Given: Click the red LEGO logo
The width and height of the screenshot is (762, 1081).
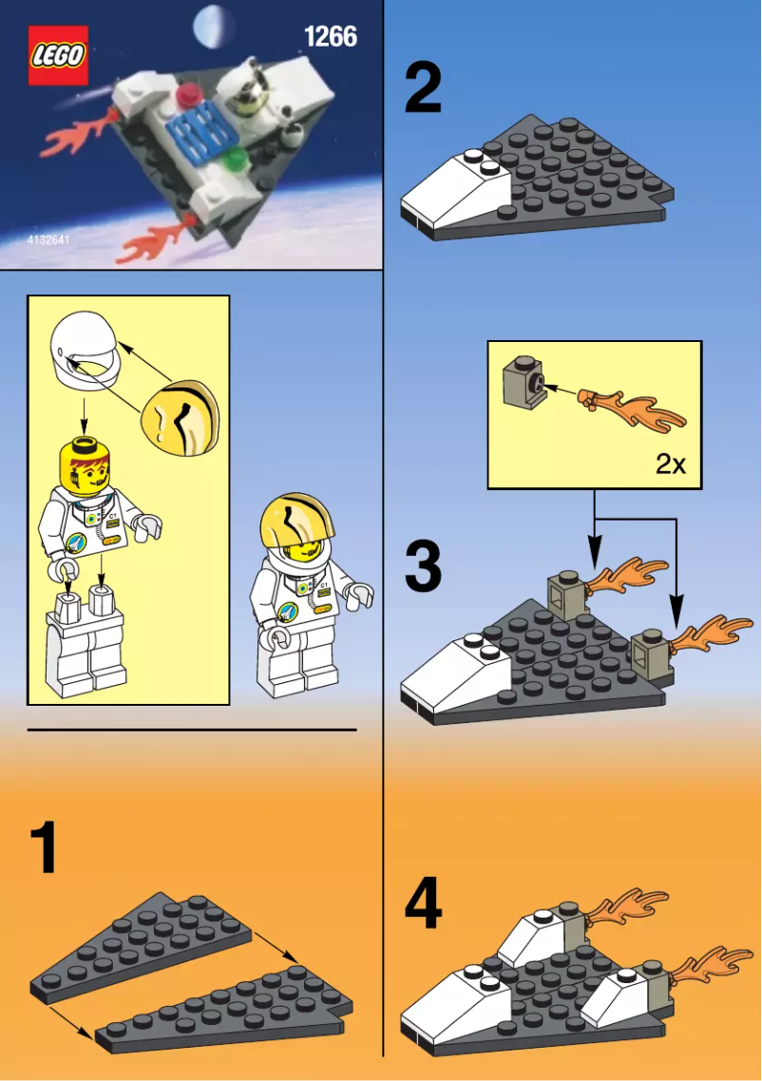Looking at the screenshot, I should tap(58, 56).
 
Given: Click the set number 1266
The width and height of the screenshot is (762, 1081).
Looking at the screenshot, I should tap(330, 37).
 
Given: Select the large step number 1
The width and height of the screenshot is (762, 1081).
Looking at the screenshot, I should tap(44, 848).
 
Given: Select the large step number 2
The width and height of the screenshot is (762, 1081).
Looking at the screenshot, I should tap(423, 87).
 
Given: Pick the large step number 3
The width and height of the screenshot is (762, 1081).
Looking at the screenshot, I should tap(423, 567).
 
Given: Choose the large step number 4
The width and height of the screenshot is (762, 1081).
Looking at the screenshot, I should tap(423, 904).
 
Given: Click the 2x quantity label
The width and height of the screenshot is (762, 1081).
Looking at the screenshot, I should tap(670, 465).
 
